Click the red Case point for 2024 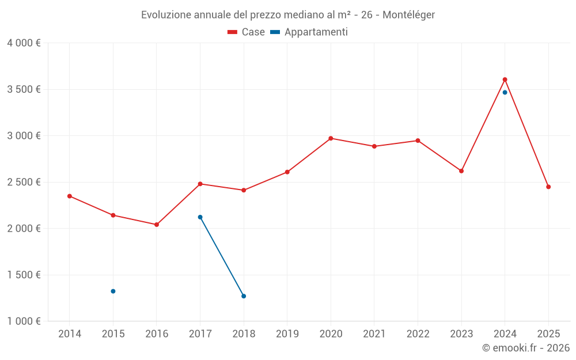point(505,79)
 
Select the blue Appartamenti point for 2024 point(505,92)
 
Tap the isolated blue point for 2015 point(113,291)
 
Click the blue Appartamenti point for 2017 point(200,217)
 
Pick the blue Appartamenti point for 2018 point(244,296)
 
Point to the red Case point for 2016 point(157,225)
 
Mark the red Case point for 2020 point(331,138)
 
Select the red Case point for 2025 point(548,187)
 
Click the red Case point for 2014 point(70,196)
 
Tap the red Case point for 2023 point(461,171)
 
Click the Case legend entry point(247,32)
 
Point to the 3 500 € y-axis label point(24,89)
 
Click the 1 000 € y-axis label point(24,321)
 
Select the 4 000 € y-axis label point(24,43)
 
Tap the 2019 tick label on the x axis point(287,334)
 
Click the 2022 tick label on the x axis point(418,334)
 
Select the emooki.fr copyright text point(525,348)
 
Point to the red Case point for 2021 point(374,146)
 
